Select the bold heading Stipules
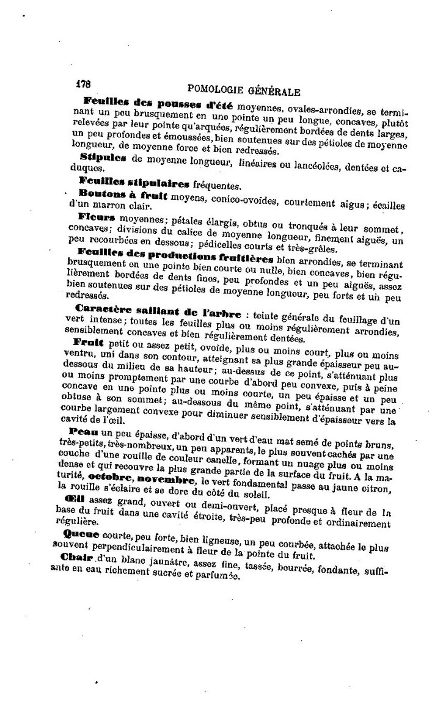[102, 158]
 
